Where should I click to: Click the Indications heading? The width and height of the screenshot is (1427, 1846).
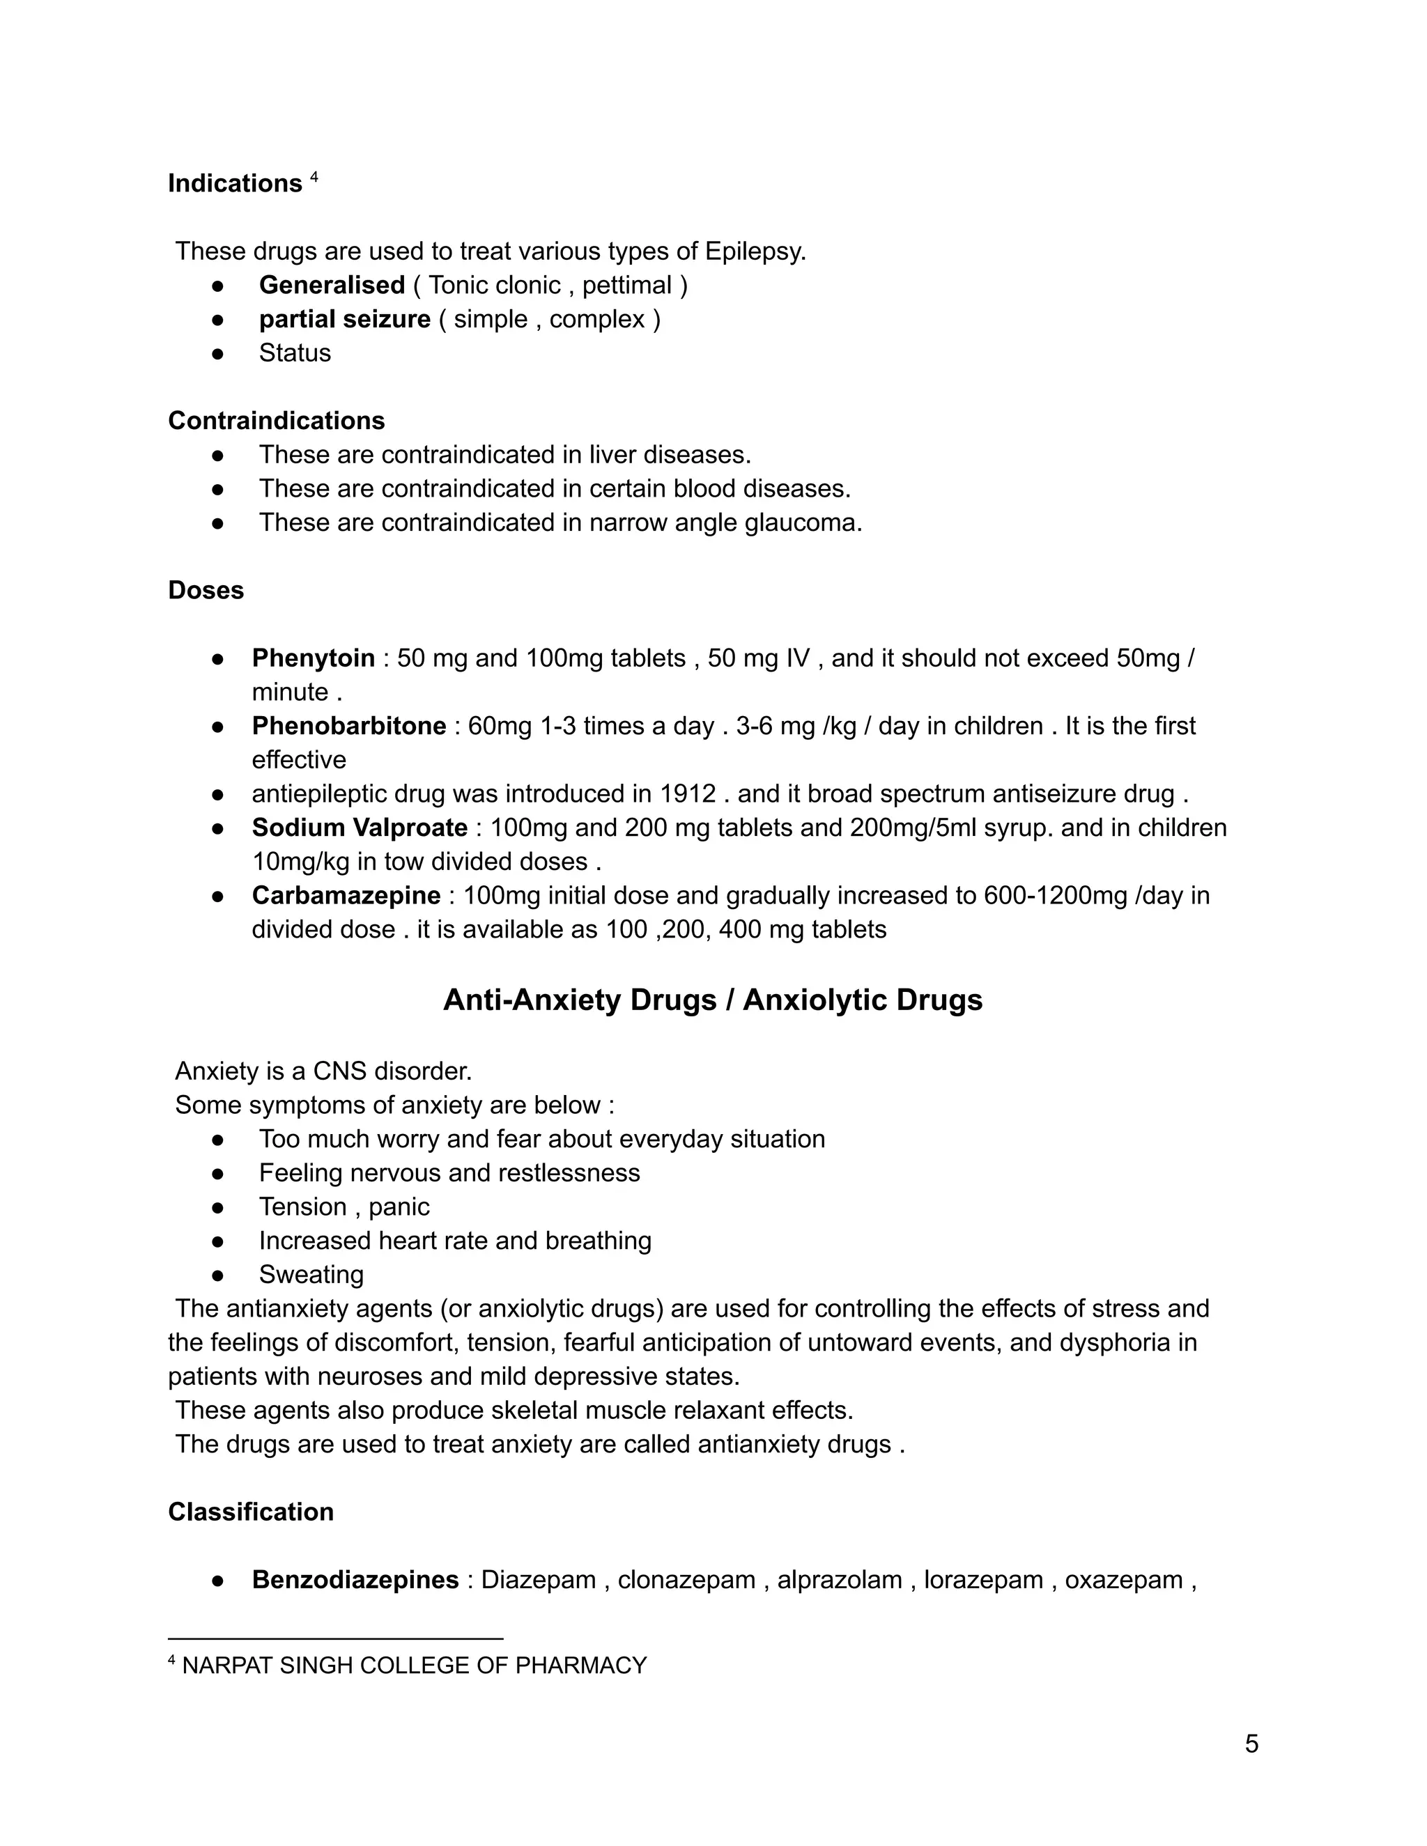tap(234, 183)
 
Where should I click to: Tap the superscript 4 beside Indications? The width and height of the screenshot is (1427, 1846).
tap(314, 178)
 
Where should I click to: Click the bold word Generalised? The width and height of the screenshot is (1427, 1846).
tap(332, 285)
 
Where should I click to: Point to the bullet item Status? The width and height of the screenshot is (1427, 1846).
tap(294, 352)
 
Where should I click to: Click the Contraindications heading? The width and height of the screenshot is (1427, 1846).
tap(276, 420)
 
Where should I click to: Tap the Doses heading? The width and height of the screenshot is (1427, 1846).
tap(206, 590)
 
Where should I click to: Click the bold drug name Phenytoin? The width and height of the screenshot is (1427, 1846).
tap(313, 658)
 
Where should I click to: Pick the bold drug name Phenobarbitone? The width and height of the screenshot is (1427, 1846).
tap(348, 725)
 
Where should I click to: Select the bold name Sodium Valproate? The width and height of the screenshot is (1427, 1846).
tap(360, 828)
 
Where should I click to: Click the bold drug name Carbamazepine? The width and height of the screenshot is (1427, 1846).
tap(346, 895)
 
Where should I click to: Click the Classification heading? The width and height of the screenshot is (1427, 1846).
tap(250, 1512)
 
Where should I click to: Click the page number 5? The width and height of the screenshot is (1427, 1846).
tap(1251, 1743)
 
